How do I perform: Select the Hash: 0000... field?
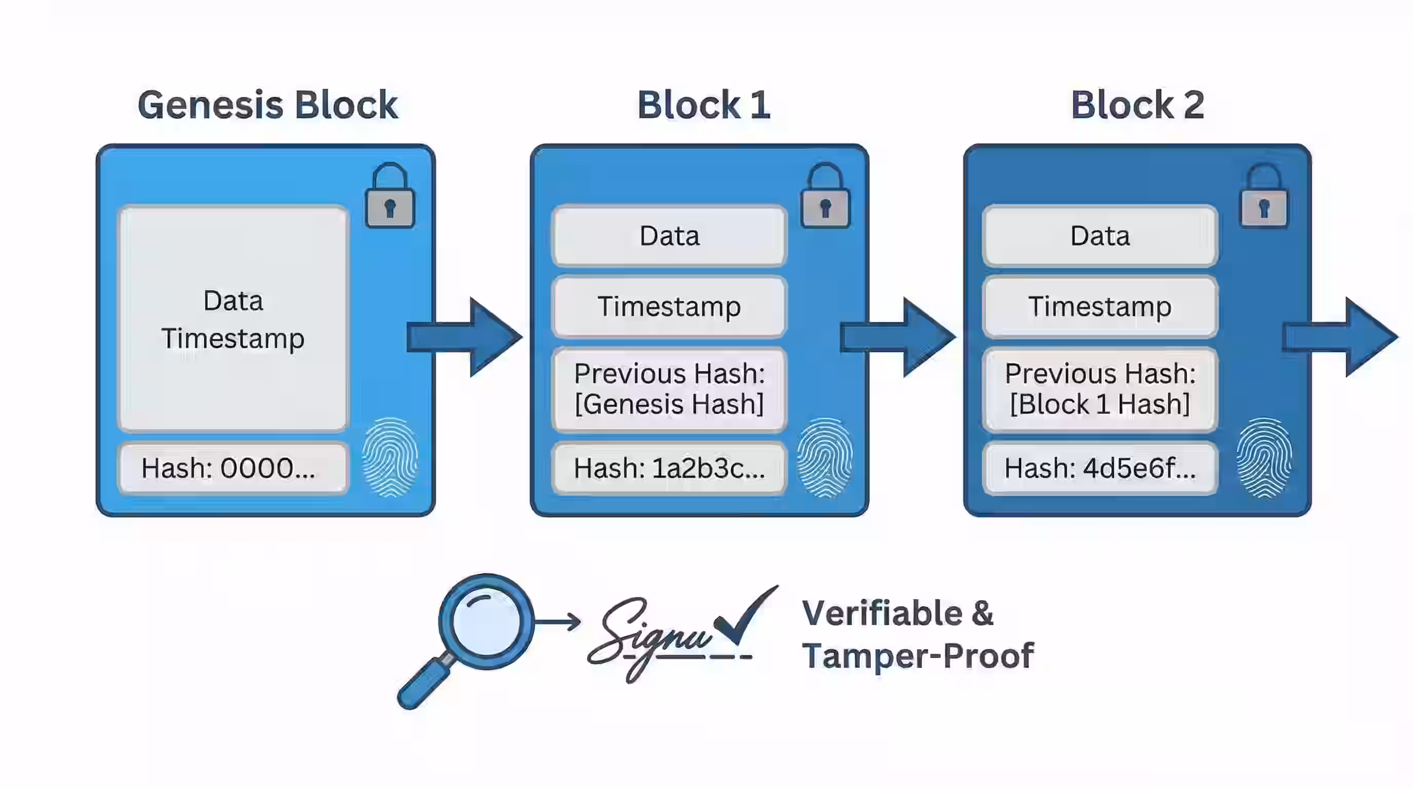[233, 468]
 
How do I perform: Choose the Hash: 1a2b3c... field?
[669, 468]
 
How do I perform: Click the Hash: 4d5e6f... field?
[1100, 468]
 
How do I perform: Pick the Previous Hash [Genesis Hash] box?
[669, 388]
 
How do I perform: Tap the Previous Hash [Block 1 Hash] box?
[1100, 388]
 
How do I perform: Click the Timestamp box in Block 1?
[669, 306]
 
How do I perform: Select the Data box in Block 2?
[1100, 236]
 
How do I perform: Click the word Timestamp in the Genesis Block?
[233, 338]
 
